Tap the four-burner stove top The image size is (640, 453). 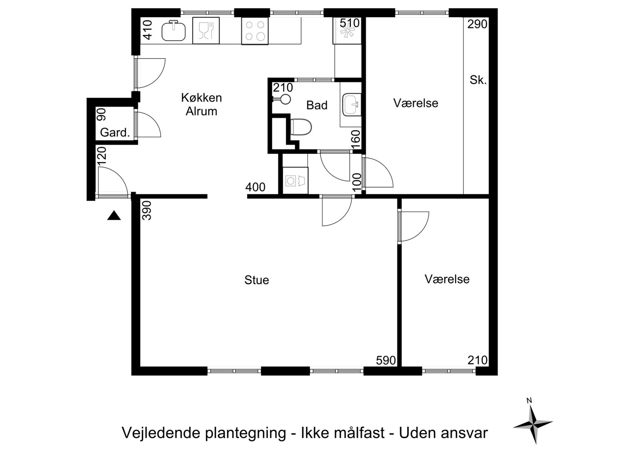[x=255, y=31]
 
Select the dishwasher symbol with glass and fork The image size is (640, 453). [x=206, y=30]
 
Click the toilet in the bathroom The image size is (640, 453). [x=301, y=127]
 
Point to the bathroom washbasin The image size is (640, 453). [x=352, y=105]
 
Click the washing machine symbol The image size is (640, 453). [x=295, y=181]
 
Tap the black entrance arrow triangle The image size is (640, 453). [x=114, y=215]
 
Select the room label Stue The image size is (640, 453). [x=256, y=280]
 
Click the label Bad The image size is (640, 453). [x=317, y=105]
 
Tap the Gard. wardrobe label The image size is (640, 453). [x=115, y=133]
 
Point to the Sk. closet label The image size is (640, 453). [x=478, y=80]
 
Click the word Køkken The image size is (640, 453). [x=202, y=98]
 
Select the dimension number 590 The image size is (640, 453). [x=386, y=360]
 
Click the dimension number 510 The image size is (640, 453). [x=350, y=22]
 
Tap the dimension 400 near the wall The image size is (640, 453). [x=256, y=187]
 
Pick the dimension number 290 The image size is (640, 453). [x=478, y=24]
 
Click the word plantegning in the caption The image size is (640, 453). [x=245, y=433]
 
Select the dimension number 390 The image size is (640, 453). [x=146, y=210]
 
